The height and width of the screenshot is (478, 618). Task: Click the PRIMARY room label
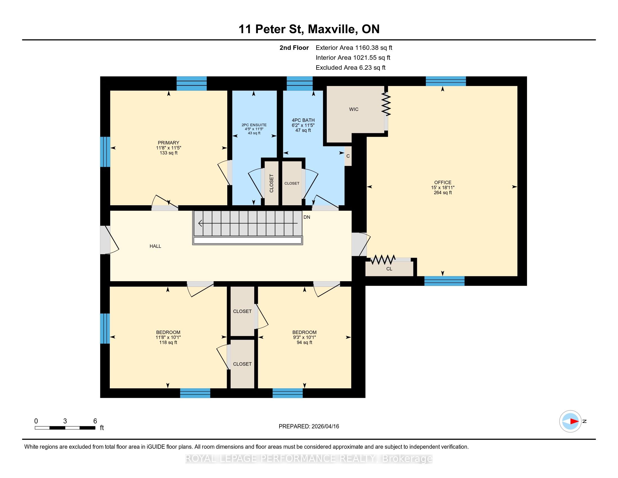click(168, 143)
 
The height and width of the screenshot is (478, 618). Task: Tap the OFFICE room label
click(443, 182)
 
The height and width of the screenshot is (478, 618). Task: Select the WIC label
click(354, 109)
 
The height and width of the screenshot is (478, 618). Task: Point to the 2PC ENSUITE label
click(254, 125)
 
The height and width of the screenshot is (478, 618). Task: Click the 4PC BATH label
click(303, 120)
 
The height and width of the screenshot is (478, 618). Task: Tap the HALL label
click(155, 246)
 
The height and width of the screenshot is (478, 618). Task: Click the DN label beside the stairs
click(307, 217)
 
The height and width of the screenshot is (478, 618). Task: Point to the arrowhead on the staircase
click(200, 224)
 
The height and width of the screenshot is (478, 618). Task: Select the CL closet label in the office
click(389, 269)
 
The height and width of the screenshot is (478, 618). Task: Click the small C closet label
click(348, 156)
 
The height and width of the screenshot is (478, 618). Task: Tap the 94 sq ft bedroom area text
click(305, 342)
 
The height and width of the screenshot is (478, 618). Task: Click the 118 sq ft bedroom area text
click(168, 342)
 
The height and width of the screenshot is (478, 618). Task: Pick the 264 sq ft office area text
click(443, 193)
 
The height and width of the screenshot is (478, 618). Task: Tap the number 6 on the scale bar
click(95, 421)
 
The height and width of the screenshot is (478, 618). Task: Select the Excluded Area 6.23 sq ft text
click(351, 68)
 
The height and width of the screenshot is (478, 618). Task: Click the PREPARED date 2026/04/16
click(325, 426)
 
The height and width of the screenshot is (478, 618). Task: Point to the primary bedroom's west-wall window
click(105, 152)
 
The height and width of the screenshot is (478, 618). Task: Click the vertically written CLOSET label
click(272, 183)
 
